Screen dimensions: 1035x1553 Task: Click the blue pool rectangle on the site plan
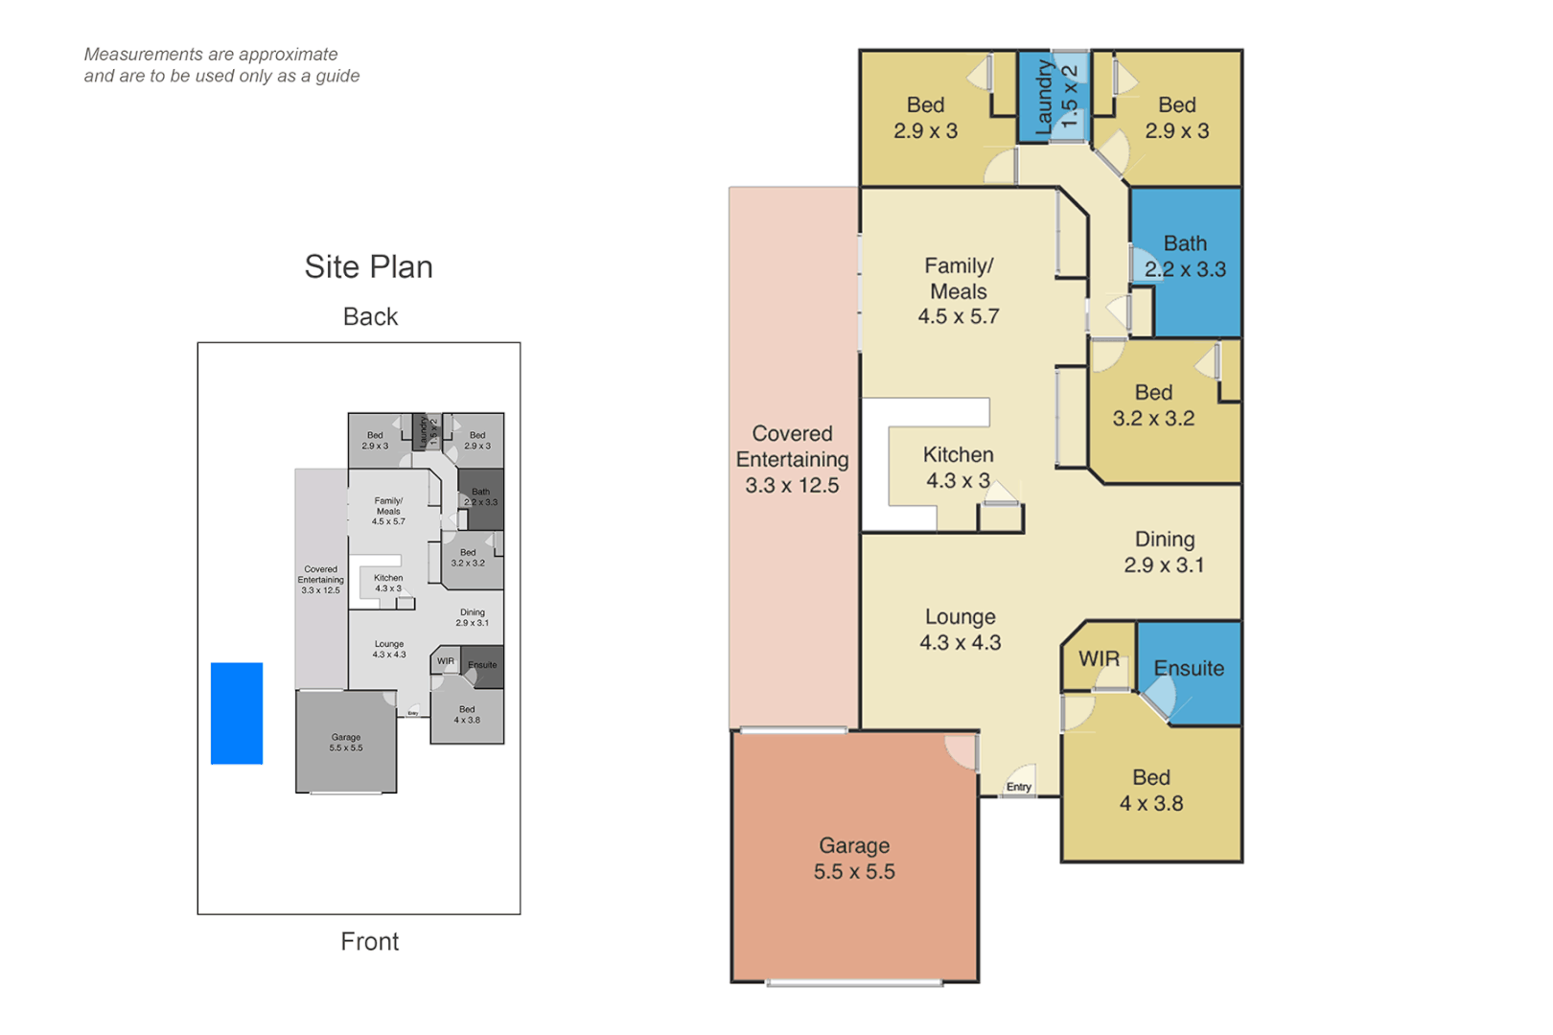(x=237, y=713)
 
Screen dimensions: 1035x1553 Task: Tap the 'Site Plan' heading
(x=368, y=266)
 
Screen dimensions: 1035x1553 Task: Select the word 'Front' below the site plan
(x=369, y=941)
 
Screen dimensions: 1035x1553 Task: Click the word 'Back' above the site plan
(x=370, y=316)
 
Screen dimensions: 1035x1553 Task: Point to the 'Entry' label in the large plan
(x=1019, y=787)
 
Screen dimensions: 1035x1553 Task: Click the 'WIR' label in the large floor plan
(x=1099, y=658)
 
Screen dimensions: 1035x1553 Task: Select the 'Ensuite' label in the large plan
(x=1189, y=668)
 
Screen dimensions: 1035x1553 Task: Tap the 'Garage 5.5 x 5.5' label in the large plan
(x=854, y=859)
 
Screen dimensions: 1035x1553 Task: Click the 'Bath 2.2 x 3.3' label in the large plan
(x=1185, y=257)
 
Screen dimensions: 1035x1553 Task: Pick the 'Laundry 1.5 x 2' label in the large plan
(x=1056, y=96)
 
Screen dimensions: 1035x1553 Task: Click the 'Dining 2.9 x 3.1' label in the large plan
(x=1164, y=552)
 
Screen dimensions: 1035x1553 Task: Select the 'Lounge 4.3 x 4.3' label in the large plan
(x=960, y=630)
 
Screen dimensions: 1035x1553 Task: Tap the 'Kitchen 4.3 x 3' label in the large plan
(x=958, y=468)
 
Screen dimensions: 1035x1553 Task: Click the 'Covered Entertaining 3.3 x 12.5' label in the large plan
(x=792, y=459)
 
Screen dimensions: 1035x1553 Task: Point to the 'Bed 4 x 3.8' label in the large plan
(x=1150, y=791)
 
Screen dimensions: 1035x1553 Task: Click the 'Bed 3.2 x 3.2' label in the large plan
(x=1153, y=405)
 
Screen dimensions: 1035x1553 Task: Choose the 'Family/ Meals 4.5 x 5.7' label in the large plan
(x=959, y=290)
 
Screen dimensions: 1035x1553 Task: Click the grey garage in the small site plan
(x=345, y=743)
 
